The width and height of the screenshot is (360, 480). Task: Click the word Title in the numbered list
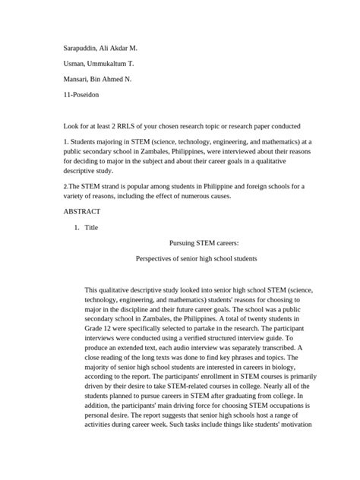[x=93, y=227]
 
